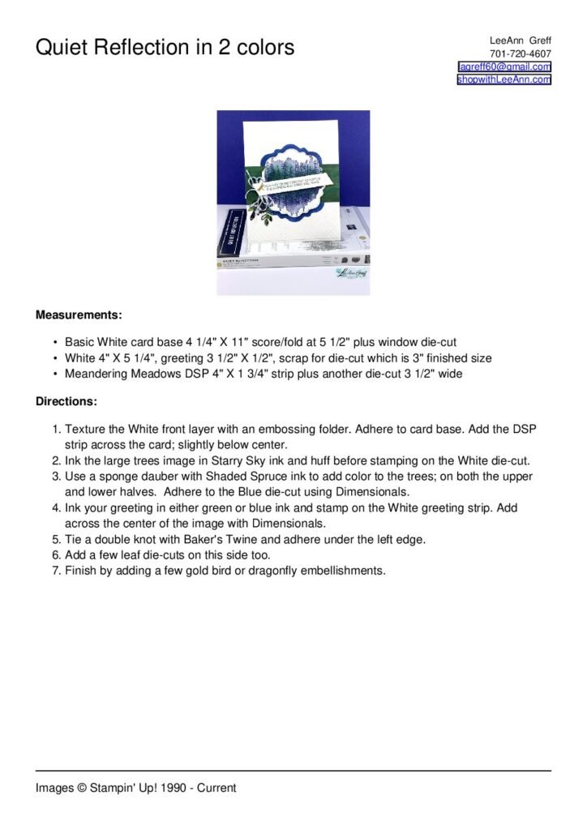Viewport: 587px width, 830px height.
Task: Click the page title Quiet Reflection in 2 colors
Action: point(165,47)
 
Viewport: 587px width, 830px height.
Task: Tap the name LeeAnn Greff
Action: point(520,40)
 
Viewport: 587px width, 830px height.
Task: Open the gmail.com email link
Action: point(504,66)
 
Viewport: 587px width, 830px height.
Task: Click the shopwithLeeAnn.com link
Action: point(503,79)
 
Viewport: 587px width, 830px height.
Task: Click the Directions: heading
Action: point(66,401)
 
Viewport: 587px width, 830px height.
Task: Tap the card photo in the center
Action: point(293,203)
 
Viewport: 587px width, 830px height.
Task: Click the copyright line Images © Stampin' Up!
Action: point(135,787)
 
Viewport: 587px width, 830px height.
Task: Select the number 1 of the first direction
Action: point(55,428)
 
